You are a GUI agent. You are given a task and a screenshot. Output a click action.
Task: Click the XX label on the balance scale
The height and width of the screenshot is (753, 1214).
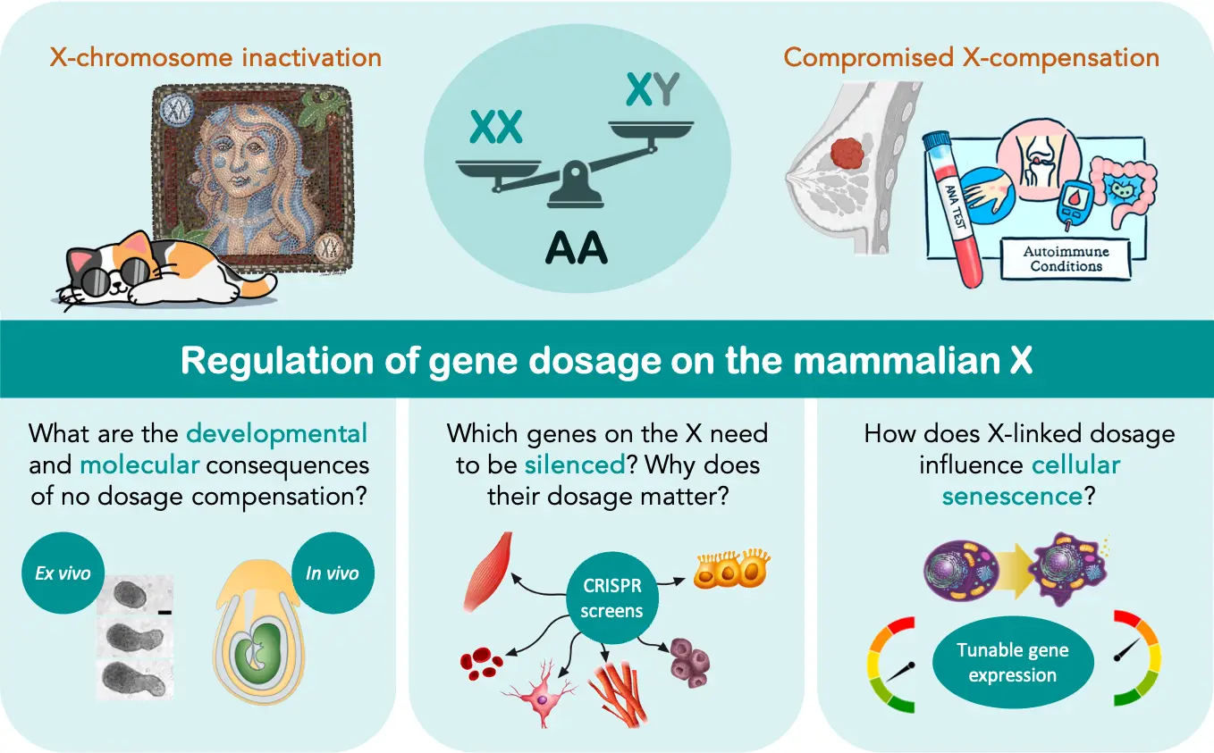click(x=496, y=129)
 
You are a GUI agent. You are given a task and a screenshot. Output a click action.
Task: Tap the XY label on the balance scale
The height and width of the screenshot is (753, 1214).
click(x=653, y=89)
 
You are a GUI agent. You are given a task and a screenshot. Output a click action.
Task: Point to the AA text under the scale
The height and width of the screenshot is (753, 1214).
click(x=577, y=248)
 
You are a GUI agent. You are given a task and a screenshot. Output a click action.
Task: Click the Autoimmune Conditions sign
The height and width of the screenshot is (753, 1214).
click(x=1066, y=259)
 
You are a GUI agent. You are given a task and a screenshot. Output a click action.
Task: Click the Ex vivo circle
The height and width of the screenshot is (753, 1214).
click(x=63, y=572)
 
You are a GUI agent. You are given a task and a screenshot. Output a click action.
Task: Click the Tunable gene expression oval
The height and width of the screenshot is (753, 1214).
click(x=1012, y=662)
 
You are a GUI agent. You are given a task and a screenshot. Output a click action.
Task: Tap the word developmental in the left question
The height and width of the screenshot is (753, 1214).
click(x=276, y=434)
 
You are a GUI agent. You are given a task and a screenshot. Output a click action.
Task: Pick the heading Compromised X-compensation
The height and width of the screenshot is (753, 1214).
click(x=971, y=58)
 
